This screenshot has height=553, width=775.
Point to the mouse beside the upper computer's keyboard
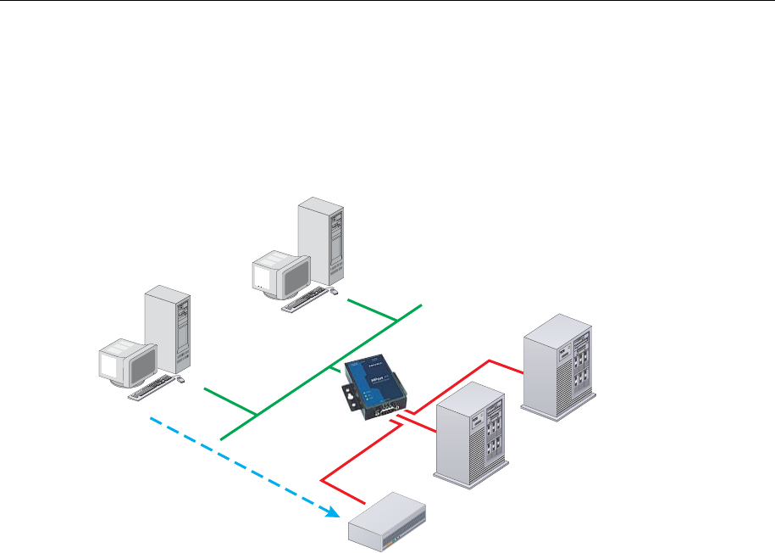tap(333, 293)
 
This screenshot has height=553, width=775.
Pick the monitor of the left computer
tap(127, 364)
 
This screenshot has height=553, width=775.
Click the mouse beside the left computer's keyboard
tap(181, 382)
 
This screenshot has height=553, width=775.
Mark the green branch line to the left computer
tap(229, 400)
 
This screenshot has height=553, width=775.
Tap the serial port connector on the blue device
tap(390, 411)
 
